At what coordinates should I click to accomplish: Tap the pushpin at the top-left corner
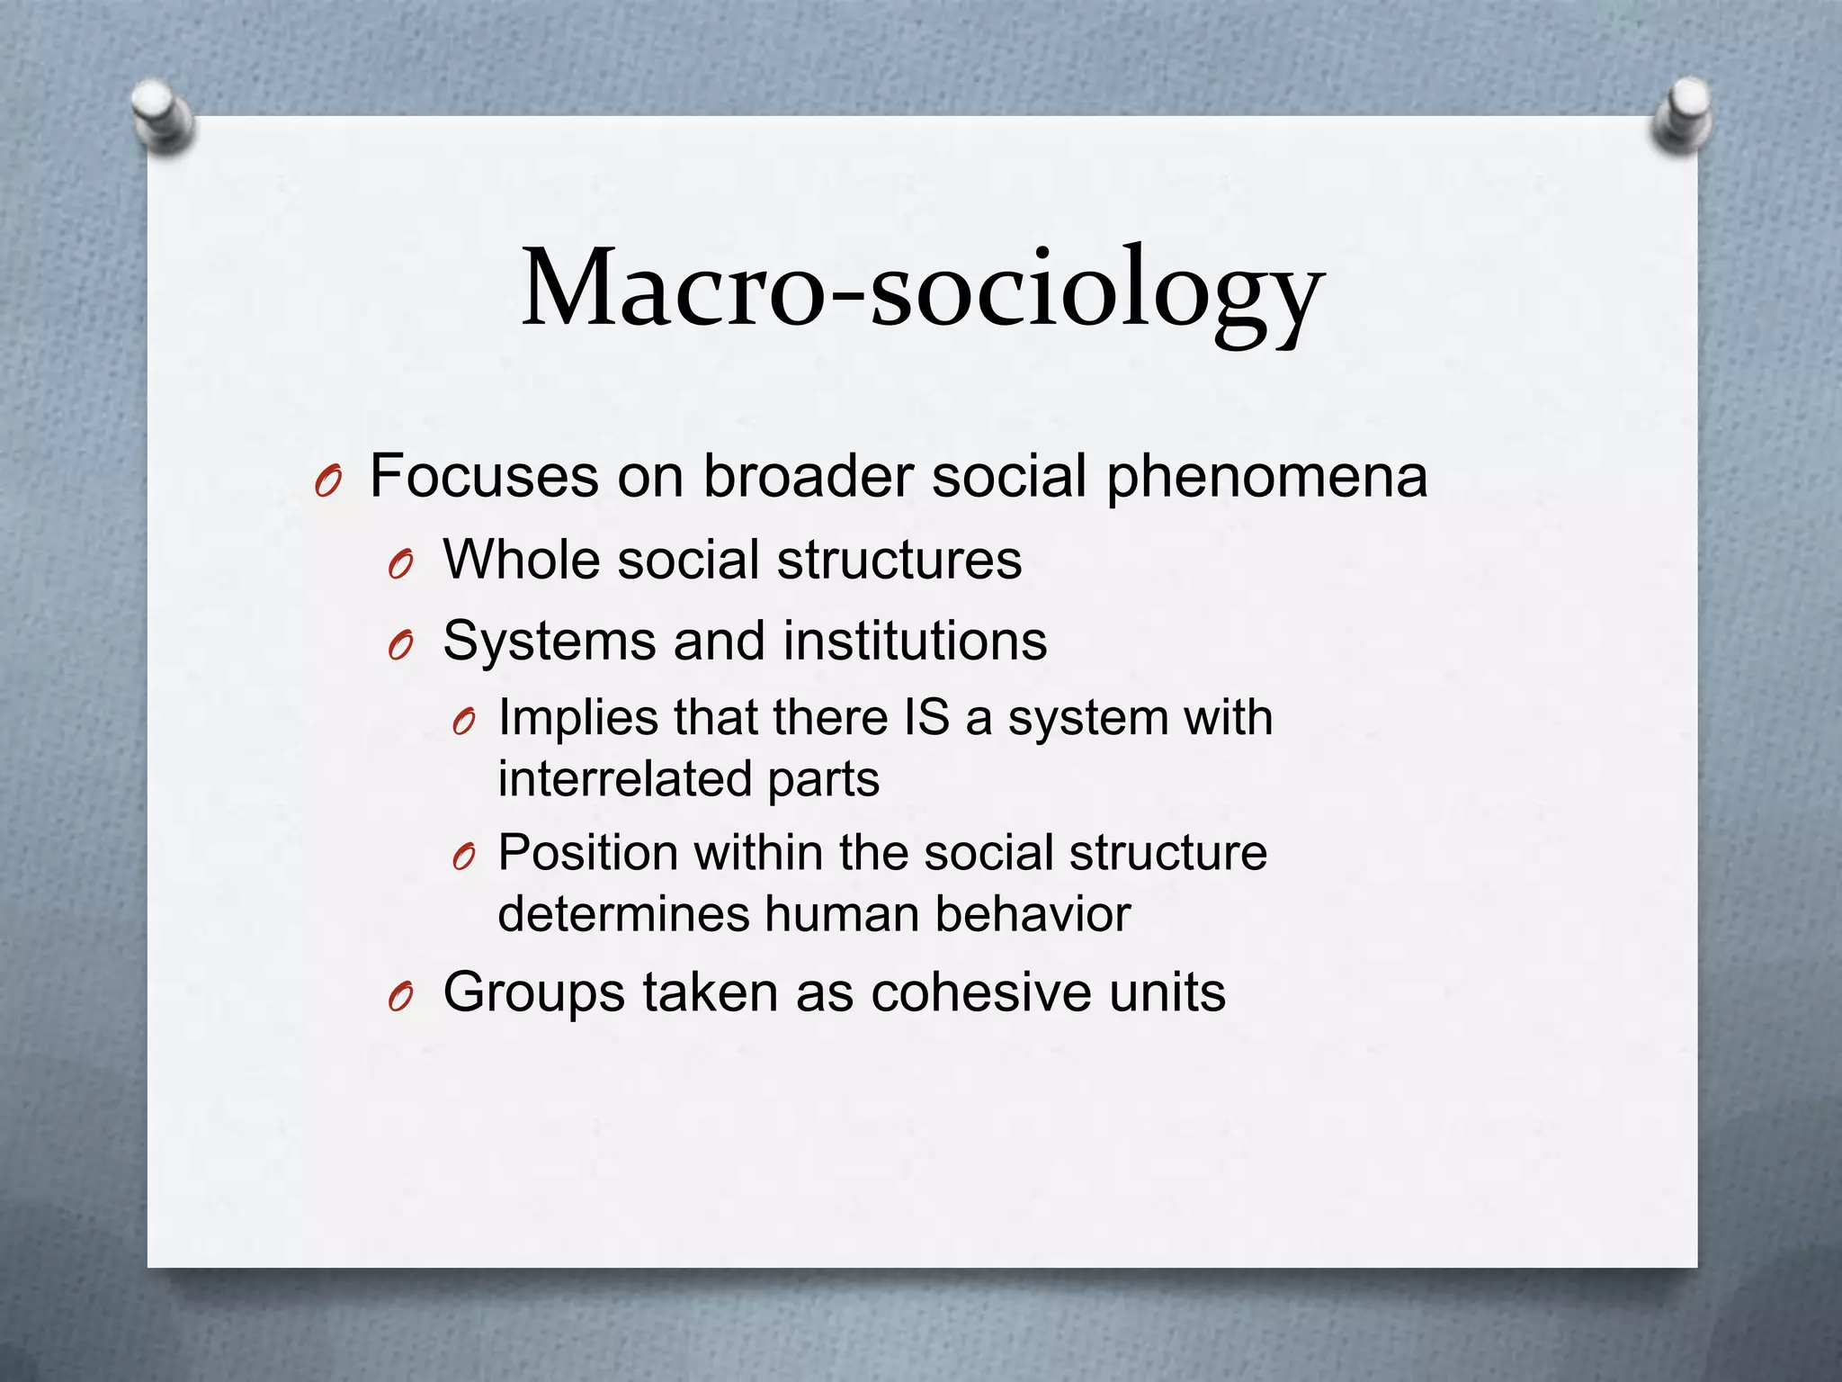(161, 116)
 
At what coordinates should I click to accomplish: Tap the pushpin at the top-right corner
(1683, 114)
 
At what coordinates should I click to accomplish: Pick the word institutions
(915, 641)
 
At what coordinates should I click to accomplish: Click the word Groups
(534, 992)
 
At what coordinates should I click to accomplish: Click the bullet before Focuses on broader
(327, 484)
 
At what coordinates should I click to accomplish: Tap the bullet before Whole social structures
(400, 566)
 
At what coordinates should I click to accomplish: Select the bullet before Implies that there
(463, 722)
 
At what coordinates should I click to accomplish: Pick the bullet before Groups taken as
(400, 998)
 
